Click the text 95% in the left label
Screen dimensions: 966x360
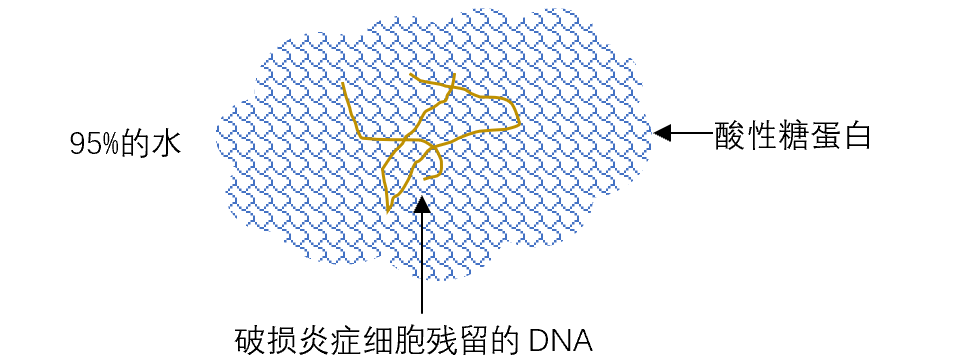pos(95,145)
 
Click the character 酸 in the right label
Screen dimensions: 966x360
pos(729,136)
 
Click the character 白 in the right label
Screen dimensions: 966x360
pos(855,136)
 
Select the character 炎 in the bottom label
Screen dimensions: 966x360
pos(312,340)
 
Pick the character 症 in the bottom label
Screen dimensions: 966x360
pos(343,340)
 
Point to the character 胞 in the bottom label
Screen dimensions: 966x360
pos(405,340)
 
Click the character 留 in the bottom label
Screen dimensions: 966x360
pos(468,340)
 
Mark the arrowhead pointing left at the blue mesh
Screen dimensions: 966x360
pos(662,132)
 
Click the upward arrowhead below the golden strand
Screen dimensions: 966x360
pos(422,205)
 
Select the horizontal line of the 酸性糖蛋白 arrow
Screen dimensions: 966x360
pos(690,132)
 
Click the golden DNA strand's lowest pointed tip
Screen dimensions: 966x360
pos(388,211)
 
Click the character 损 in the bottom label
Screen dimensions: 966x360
pos(281,340)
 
